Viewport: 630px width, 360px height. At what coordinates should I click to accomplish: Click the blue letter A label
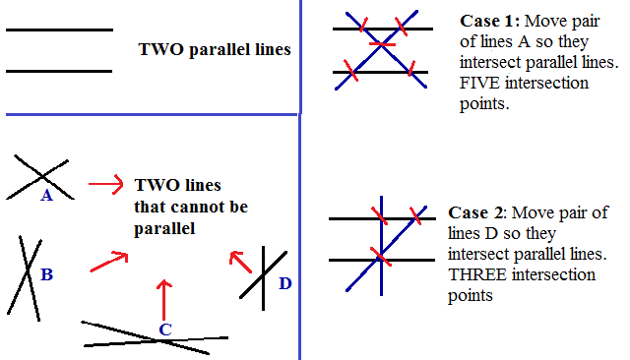point(46,196)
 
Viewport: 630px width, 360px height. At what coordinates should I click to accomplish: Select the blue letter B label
point(45,274)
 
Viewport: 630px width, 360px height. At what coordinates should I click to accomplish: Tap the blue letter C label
point(165,330)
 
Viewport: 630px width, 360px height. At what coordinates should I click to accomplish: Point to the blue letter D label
point(285,284)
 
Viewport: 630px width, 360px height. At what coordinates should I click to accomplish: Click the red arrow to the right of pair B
point(109,262)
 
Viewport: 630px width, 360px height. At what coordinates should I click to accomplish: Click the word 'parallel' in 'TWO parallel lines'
point(209,48)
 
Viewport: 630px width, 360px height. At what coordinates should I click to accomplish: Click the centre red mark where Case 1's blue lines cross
point(381,43)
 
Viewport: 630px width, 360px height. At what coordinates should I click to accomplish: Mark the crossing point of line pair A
point(42,176)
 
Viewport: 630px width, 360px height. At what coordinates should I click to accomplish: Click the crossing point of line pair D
point(263,275)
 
